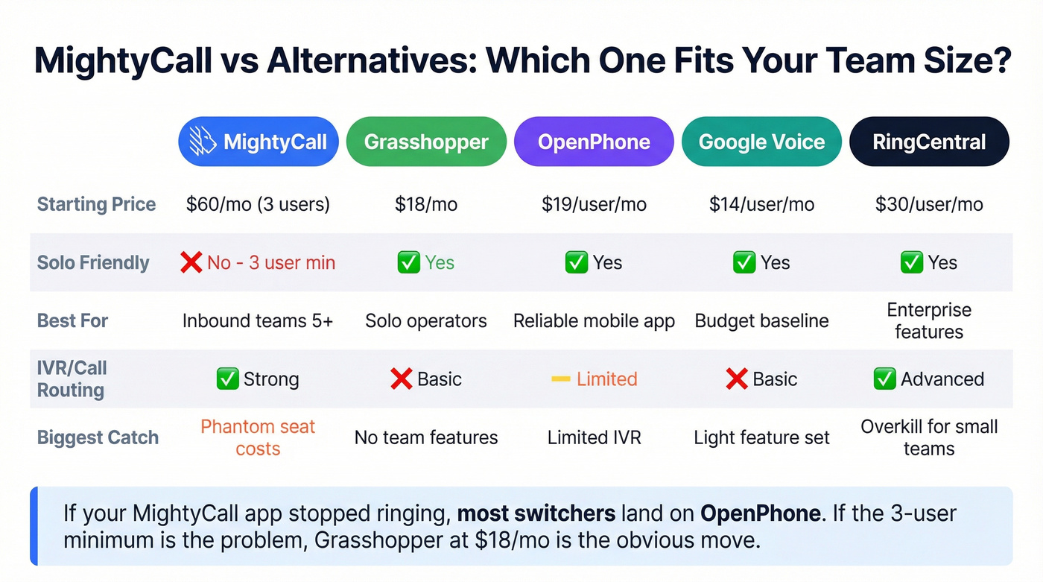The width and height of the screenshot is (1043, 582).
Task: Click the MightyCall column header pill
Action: tap(258, 142)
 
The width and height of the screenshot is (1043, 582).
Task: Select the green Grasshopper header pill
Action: tap(426, 142)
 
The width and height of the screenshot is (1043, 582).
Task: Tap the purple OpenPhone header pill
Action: tap(594, 142)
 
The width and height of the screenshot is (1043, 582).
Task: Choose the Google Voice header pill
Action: tap(761, 142)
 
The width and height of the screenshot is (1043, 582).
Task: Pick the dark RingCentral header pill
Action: tap(929, 142)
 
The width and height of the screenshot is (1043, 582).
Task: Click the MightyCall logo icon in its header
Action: tap(203, 141)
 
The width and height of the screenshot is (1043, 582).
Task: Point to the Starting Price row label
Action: tap(96, 204)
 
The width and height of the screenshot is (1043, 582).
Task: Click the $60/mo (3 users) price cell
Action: tap(258, 204)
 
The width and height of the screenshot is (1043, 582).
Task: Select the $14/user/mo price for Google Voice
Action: tap(761, 204)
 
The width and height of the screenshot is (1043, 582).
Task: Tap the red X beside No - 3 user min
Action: tap(191, 262)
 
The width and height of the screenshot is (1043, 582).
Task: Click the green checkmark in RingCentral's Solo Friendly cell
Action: tap(912, 262)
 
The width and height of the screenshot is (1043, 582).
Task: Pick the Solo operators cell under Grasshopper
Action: tap(426, 321)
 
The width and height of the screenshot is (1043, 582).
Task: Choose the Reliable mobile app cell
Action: tap(594, 321)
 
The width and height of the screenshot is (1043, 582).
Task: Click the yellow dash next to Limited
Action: tap(560, 379)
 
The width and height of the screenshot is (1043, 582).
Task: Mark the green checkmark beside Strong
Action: tap(227, 379)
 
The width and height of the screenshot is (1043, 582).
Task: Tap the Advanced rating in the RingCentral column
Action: tap(942, 379)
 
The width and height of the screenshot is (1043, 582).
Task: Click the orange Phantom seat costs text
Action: tap(258, 437)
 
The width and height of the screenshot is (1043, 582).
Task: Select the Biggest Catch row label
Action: tap(98, 437)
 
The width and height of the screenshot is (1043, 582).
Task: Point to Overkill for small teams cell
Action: tap(929, 437)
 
